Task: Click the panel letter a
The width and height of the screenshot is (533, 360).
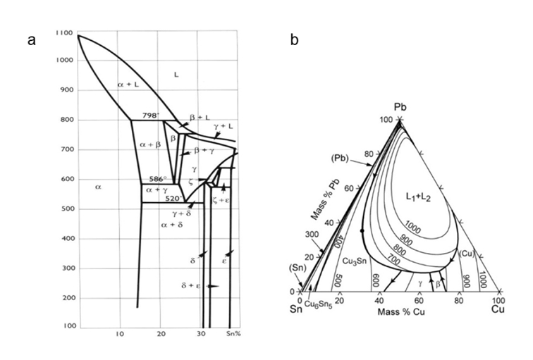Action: (x=31, y=40)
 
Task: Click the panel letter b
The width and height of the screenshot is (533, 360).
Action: (x=293, y=40)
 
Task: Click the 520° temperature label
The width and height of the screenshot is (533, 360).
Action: (x=174, y=199)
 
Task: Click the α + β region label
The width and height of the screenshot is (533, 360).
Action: (x=151, y=144)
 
